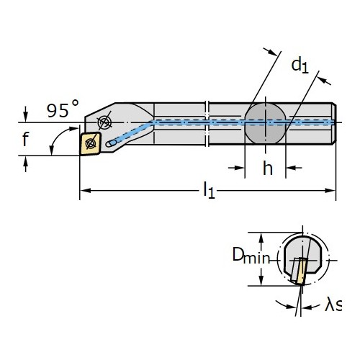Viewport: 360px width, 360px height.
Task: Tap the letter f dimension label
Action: [x=25, y=139]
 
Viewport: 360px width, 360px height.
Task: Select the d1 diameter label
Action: [x=300, y=65]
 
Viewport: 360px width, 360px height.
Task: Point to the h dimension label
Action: [x=268, y=168]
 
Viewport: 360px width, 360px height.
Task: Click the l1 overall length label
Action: [x=209, y=190]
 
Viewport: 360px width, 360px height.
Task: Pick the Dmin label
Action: [x=251, y=256]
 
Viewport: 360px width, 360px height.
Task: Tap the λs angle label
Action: [x=333, y=305]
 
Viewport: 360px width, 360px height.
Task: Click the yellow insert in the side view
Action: [x=91, y=143]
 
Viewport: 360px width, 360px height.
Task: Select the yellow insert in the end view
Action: [x=302, y=271]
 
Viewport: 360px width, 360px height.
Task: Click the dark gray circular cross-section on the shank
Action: [x=265, y=124]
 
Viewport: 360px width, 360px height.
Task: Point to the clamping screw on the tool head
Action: [x=104, y=122]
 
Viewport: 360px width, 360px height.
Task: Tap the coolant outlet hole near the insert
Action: [x=111, y=143]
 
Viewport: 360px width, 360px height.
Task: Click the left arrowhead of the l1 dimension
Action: [x=85, y=191]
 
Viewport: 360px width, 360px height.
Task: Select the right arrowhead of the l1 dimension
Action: [x=330, y=191]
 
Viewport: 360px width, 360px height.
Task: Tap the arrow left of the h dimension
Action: [x=236, y=168]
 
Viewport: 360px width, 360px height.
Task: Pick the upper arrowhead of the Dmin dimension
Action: [x=261, y=238]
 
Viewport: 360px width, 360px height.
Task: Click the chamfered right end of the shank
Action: [x=334, y=124]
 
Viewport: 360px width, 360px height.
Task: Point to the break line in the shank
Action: [x=207, y=124]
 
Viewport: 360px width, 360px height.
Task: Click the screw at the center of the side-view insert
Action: [x=91, y=143]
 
